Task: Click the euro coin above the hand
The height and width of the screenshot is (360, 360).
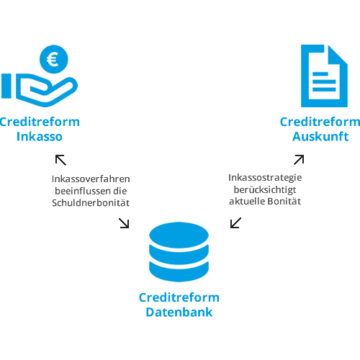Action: [x=54, y=59]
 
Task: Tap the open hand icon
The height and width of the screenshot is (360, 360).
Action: [x=40, y=90]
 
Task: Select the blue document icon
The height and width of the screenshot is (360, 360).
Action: [x=324, y=76]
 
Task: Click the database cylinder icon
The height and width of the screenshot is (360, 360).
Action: [x=179, y=252]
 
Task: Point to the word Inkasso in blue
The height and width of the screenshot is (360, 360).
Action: [x=40, y=137]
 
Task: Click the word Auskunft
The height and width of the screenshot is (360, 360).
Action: [x=320, y=137]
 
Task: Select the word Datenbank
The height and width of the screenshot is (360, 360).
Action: [x=179, y=312]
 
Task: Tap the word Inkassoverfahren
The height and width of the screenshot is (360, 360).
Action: [x=91, y=179]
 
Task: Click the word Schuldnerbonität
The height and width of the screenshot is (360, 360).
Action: [x=91, y=203]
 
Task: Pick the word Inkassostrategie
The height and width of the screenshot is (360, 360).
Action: [x=265, y=178]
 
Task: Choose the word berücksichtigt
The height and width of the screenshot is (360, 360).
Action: [x=265, y=190]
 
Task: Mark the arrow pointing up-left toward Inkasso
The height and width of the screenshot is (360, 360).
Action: [x=60, y=160]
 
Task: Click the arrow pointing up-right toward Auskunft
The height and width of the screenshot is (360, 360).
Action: [x=299, y=160]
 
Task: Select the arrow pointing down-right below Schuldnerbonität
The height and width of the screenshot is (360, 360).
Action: [x=124, y=223]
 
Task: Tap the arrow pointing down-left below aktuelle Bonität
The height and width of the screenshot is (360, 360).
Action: [x=235, y=222]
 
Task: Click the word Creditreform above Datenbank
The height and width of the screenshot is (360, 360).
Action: [x=179, y=297]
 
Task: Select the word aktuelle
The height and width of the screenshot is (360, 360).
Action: [x=247, y=202]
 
